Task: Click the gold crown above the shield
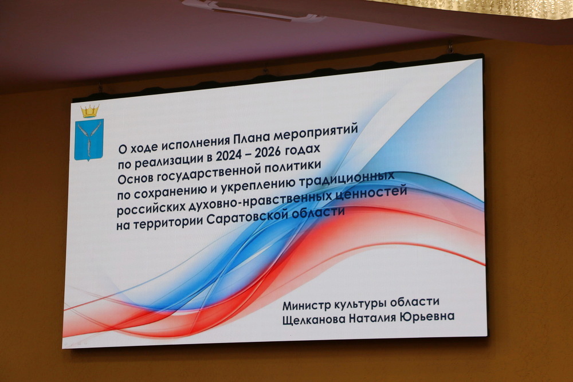pos(90,111)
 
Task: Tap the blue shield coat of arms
pos(89,140)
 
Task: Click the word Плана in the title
pos(252,137)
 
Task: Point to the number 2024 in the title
pos(229,156)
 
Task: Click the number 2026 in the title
pos(268,153)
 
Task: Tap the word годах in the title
pos(303,151)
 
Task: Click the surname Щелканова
pos(314,319)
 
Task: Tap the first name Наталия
pos(373,317)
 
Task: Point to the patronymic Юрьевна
pos(427,317)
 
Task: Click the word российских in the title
pos(151,209)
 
